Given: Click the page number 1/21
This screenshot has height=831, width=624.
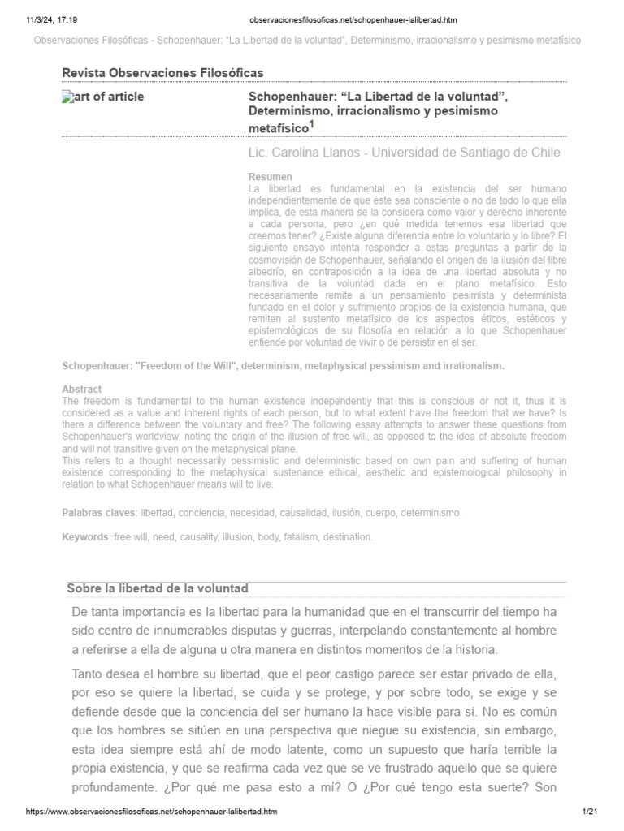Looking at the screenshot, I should pyautogui.click(x=591, y=812).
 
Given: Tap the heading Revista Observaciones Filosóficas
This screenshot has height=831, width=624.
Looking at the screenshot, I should pyautogui.click(x=162, y=74).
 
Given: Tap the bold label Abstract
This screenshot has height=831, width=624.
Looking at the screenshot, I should pyautogui.click(x=81, y=390).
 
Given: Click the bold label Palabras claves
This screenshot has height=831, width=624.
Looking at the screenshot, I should pyautogui.click(x=99, y=513).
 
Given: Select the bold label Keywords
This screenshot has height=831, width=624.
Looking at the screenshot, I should pyautogui.click(x=85, y=537).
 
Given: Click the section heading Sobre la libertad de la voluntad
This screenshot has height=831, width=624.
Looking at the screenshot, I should pyautogui.click(x=157, y=588).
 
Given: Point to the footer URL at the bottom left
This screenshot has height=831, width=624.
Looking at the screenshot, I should pyautogui.click(x=153, y=812).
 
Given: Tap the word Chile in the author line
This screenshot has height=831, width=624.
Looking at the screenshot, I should pyautogui.click(x=544, y=153).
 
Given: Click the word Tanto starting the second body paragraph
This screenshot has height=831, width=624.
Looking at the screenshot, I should pyautogui.click(x=89, y=674).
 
